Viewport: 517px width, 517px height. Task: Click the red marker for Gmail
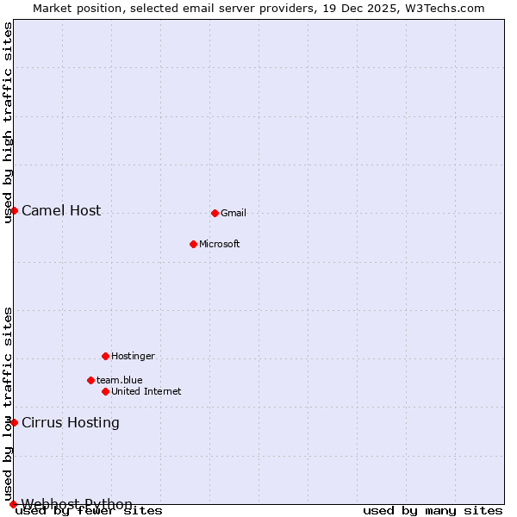tap(215, 213)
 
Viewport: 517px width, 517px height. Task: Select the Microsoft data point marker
tap(193, 244)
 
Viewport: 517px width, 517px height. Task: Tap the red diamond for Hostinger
tap(105, 356)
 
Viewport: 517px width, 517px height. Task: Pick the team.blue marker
tap(90, 380)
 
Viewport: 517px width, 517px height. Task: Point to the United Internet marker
tap(105, 391)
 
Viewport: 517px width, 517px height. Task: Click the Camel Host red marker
tap(14, 210)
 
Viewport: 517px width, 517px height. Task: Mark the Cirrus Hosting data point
tap(14, 422)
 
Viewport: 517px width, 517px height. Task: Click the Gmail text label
tap(234, 214)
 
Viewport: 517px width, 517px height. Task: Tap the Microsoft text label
tap(220, 245)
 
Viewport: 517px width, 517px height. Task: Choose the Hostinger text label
tap(133, 357)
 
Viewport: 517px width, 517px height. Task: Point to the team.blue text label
tap(120, 381)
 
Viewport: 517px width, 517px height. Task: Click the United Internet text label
tap(146, 392)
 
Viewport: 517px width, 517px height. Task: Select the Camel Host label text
tap(61, 211)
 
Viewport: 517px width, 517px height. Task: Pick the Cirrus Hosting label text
tap(71, 423)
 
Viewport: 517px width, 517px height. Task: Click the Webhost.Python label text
tap(77, 504)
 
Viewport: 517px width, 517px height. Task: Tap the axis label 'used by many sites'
tap(433, 511)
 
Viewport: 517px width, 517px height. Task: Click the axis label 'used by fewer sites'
tap(90, 511)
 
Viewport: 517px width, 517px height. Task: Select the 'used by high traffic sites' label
tap(9, 122)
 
